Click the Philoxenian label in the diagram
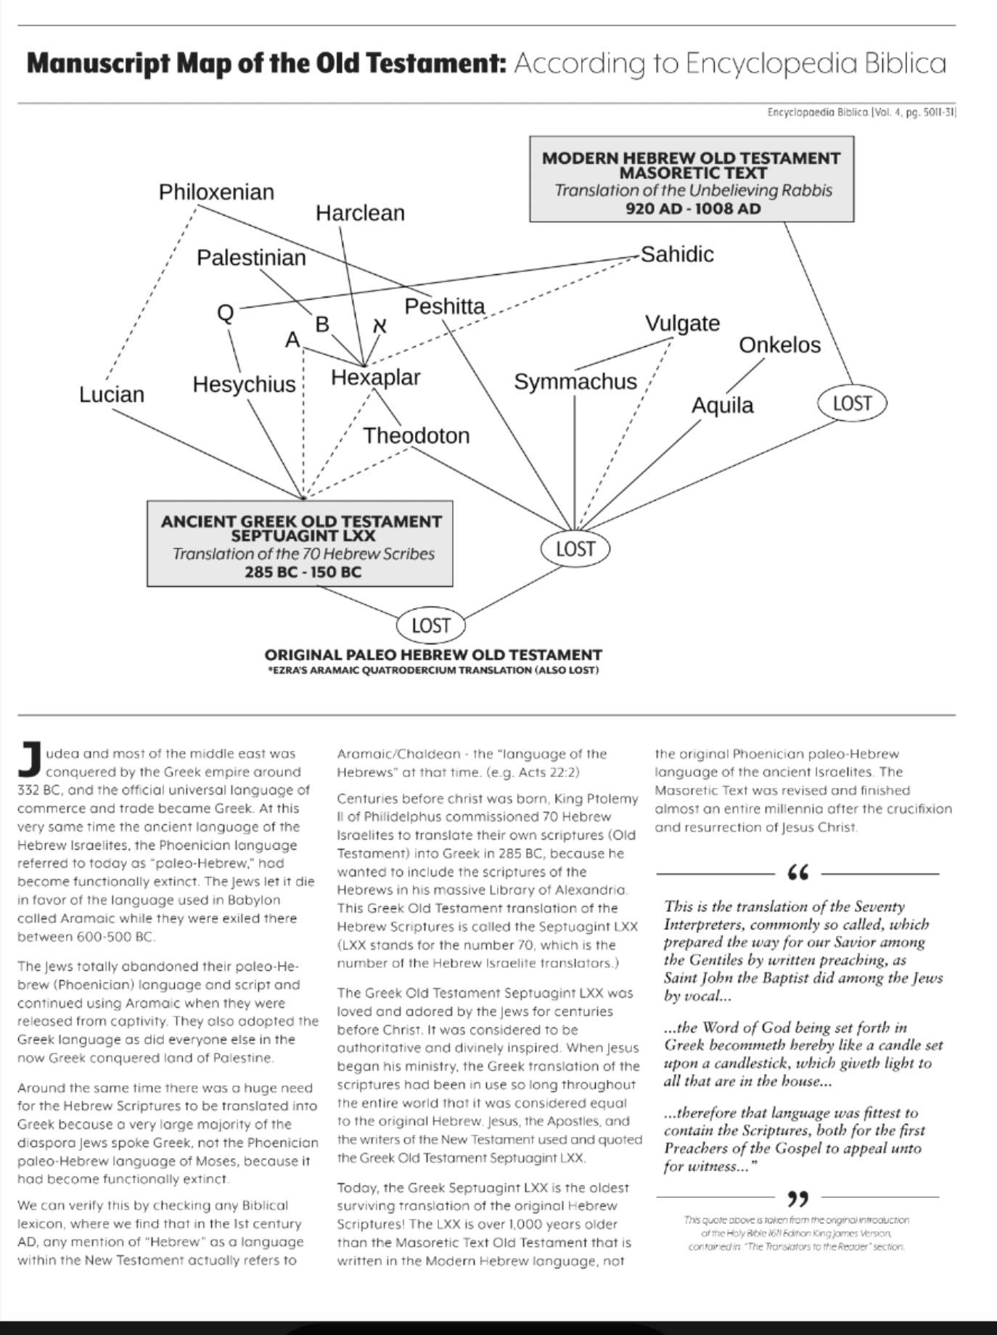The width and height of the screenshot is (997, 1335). click(216, 192)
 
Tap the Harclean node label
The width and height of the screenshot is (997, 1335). click(360, 213)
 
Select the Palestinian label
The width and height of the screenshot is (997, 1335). click(251, 258)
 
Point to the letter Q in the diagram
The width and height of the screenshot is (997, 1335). click(226, 313)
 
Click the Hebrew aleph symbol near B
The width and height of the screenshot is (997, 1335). click(379, 326)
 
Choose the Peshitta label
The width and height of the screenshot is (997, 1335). click(444, 306)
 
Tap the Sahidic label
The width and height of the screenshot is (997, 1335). click(677, 255)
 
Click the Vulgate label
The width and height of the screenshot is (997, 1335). click(682, 323)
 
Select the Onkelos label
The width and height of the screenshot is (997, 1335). click(779, 345)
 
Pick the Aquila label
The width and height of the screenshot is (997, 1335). click(722, 405)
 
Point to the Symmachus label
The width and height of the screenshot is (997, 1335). click(575, 382)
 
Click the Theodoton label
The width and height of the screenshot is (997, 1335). click(416, 435)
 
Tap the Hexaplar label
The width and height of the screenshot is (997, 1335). click(375, 377)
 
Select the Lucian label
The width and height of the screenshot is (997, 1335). click(112, 395)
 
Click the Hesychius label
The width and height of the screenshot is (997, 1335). click(244, 385)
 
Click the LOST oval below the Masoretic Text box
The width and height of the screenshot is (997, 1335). click(852, 403)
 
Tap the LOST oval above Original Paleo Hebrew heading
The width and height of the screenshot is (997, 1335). click(431, 625)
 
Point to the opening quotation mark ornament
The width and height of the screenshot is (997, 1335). click(797, 874)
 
